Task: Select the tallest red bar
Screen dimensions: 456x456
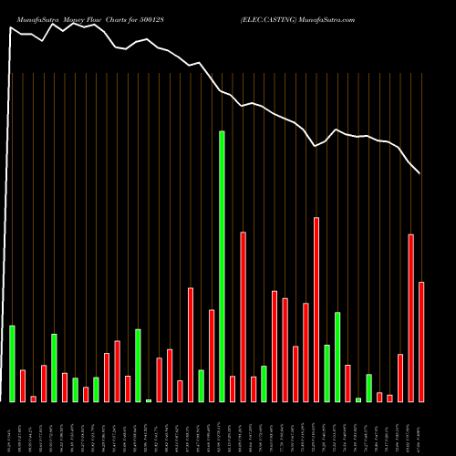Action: click(316, 309)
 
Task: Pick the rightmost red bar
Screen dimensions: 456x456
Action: click(421, 342)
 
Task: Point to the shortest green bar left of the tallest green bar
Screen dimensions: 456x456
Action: click(149, 400)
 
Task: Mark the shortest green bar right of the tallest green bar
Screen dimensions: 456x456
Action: click(358, 399)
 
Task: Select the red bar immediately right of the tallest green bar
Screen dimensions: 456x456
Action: click(233, 389)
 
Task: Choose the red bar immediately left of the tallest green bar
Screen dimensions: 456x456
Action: click(212, 356)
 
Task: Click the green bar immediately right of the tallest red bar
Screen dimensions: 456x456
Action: click(327, 373)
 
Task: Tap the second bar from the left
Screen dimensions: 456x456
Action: click(23, 386)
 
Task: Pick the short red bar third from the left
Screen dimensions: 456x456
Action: click(34, 399)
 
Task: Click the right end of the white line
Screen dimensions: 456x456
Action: click(420, 173)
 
